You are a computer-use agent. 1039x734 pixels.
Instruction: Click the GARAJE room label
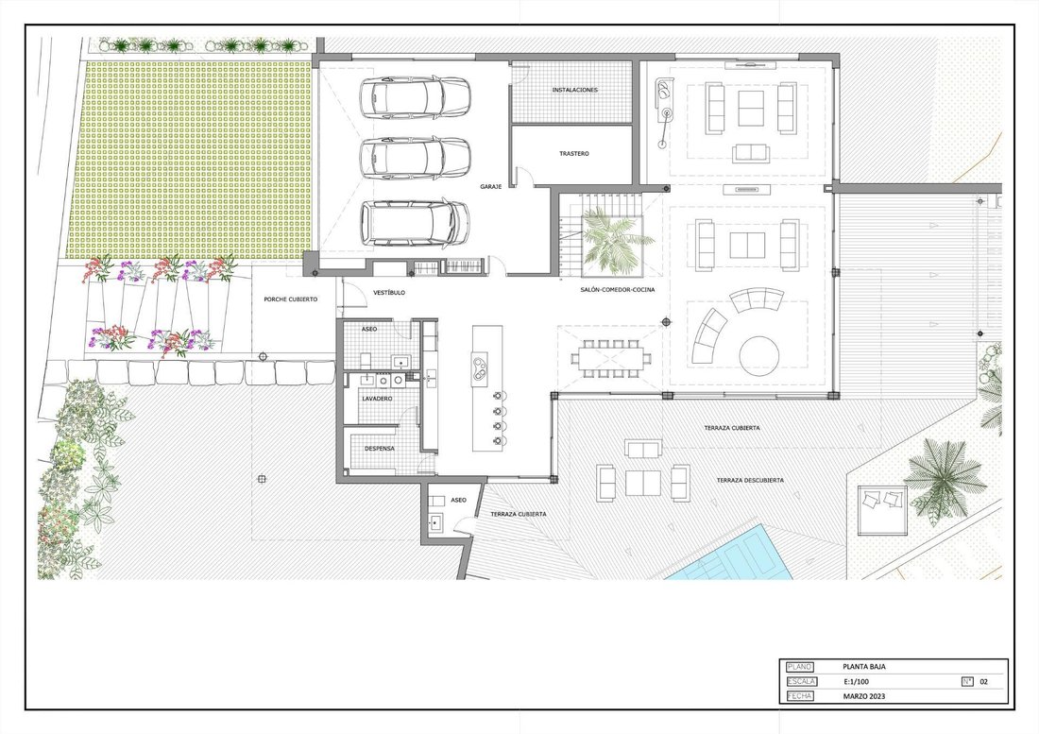(490, 187)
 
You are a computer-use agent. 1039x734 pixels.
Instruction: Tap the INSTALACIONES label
(574, 90)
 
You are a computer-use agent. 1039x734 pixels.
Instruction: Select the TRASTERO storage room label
(574, 154)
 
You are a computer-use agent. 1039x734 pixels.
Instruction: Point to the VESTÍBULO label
(389, 292)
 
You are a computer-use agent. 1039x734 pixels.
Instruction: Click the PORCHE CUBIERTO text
(290, 299)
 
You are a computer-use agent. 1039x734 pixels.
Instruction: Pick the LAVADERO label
(377, 399)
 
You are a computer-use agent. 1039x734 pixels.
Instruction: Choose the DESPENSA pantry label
(380, 449)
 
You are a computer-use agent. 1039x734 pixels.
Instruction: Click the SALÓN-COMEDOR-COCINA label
(618, 290)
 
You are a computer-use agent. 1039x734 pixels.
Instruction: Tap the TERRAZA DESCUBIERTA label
(750, 480)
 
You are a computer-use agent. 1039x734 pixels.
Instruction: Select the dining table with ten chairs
(605, 358)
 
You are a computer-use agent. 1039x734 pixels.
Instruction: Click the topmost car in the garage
(415, 98)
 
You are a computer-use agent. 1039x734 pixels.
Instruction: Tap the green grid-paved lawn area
(189, 161)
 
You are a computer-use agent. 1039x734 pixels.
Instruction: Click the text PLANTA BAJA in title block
(864, 667)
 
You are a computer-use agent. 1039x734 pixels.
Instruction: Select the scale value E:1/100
(856, 682)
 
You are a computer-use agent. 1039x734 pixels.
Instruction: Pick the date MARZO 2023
(864, 696)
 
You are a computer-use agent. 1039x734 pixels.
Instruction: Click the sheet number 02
(983, 682)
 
